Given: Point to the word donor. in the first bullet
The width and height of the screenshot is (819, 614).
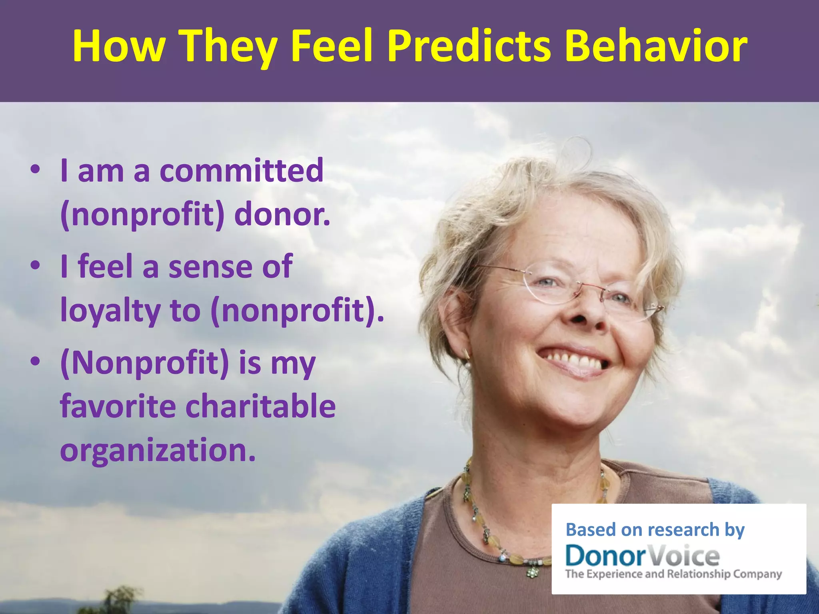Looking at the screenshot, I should pyautogui.click(x=282, y=215).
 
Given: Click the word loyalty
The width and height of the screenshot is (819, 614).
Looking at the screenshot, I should pyautogui.click(x=110, y=311).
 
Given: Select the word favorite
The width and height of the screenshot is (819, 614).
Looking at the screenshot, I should pyautogui.click(x=118, y=406).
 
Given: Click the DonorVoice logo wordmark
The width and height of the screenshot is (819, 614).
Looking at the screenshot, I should pyautogui.click(x=642, y=556).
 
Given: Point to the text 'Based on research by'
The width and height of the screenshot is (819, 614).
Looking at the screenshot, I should pyautogui.click(x=655, y=530).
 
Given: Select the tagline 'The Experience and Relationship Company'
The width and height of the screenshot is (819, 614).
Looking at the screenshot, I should pyautogui.click(x=673, y=574).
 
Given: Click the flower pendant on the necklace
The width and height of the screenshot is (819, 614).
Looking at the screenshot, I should pyautogui.click(x=532, y=572).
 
